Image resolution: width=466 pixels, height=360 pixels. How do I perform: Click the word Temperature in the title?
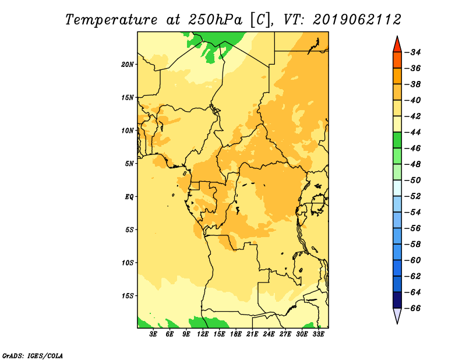[x=111, y=20]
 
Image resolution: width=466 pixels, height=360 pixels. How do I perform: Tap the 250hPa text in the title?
[x=215, y=20]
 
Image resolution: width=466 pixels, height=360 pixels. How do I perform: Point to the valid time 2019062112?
[x=357, y=20]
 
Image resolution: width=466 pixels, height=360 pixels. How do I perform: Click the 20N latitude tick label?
[x=127, y=65]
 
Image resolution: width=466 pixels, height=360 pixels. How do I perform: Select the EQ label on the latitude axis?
[x=129, y=197]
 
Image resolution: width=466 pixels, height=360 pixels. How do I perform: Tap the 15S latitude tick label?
[x=127, y=296]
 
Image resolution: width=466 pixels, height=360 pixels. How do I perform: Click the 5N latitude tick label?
[x=129, y=164]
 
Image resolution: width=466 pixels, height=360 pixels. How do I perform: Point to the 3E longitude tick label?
[x=153, y=334]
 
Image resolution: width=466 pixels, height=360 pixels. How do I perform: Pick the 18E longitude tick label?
[x=236, y=334]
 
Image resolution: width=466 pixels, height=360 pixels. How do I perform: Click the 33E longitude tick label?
[x=318, y=334]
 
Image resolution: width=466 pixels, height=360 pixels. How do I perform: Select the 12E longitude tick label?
[x=203, y=334]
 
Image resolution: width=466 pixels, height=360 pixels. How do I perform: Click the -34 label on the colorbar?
[x=412, y=52]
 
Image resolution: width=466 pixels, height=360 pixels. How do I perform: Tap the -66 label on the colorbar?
[x=412, y=308]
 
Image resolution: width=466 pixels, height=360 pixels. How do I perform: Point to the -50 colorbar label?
[x=412, y=180]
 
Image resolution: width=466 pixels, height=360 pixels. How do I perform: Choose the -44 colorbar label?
[x=412, y=132]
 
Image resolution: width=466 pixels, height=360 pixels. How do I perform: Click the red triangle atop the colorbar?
[x=397, y=45]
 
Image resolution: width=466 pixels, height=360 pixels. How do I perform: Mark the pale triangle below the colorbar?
[x=397, y=315]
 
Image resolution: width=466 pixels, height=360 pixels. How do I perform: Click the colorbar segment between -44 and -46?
[x=397, y=140]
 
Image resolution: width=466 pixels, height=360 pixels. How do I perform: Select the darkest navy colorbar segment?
[x=397, y=300]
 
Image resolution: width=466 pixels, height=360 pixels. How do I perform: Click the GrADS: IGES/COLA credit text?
[x=33, y=356]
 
